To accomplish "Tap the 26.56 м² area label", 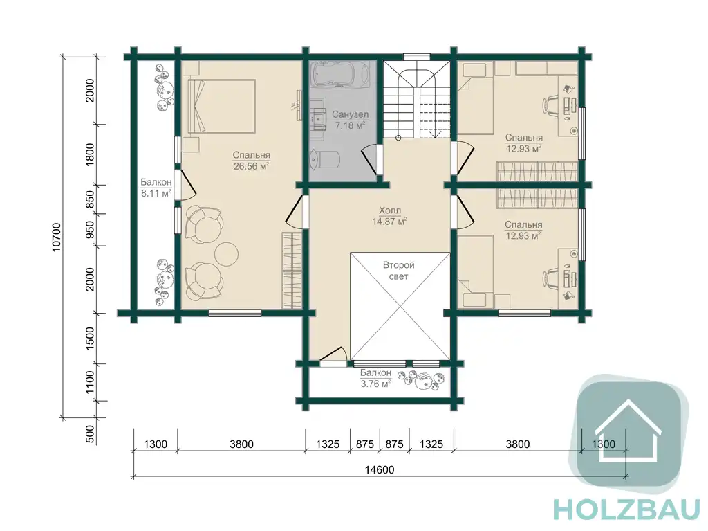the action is coord(252,166).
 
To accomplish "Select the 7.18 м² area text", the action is coord(350,125).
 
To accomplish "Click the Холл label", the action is coord(390,210).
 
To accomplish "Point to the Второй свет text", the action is coord(399,271).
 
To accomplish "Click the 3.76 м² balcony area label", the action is coord(375,384).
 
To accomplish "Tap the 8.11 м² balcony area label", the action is coord(156,193).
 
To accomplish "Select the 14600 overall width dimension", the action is coord(380,470).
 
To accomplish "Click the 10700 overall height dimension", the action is coord(57,237).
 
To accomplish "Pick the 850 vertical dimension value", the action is coord(90,199).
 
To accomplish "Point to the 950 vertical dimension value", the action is coord(90,230).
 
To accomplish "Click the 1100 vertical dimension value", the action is coord(90,382).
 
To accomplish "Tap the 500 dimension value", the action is coord(90,434).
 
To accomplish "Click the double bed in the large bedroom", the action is coord(221,107).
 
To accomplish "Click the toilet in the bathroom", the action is coord(325,159).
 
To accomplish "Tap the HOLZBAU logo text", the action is coord(626,510).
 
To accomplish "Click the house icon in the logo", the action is coord(628,432).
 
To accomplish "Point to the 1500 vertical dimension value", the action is coord(90,338).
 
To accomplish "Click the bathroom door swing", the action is coord(370,159).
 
